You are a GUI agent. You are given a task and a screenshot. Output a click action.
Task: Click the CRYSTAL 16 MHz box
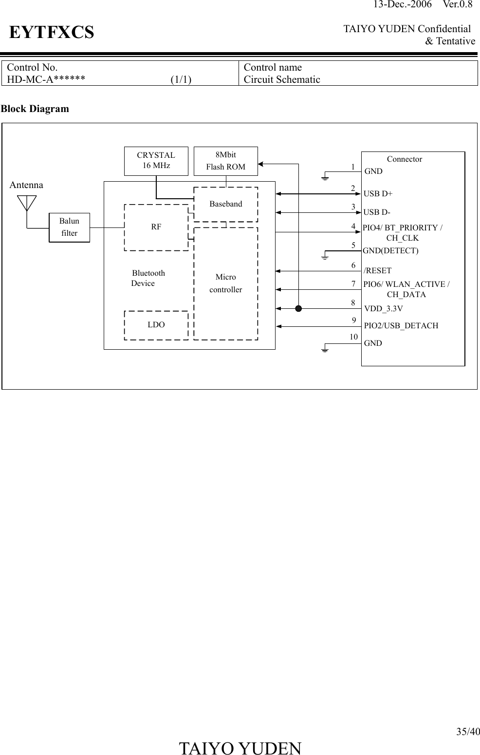[x=156, y=161]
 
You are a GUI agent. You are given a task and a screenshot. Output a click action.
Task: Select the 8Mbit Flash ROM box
[x=225, y=161]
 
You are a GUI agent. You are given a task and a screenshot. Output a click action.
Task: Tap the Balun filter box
[x=69, y=227]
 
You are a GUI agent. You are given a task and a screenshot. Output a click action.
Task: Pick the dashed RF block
[x=156, y=227]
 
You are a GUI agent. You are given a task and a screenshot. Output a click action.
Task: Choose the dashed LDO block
[x=156, y=325]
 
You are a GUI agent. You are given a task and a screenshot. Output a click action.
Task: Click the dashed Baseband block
[x=225, y=204]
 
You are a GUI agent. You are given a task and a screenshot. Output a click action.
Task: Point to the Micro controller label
[x=225, y=283]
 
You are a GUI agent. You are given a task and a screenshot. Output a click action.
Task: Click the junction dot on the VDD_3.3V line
[x=298, y=308]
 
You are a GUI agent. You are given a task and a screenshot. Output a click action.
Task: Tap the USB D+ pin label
[x=378, y=194]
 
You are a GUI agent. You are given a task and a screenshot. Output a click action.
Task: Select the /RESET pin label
[x=378, y=271]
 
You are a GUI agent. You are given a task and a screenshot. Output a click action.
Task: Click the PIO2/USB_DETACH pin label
[x=401, y=326]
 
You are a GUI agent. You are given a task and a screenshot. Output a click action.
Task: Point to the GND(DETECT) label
[x=391, y=251]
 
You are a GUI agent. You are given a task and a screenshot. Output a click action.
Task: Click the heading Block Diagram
[x=35, y=109]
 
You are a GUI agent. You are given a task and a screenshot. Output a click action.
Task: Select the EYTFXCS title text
[x=52, y=33]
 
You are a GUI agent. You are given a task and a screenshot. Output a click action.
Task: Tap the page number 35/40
[x=468, y=732]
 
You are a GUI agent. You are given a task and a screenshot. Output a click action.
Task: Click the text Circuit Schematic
[x=282, y=79]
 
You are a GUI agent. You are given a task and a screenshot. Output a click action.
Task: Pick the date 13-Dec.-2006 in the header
[x=402, y=5]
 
